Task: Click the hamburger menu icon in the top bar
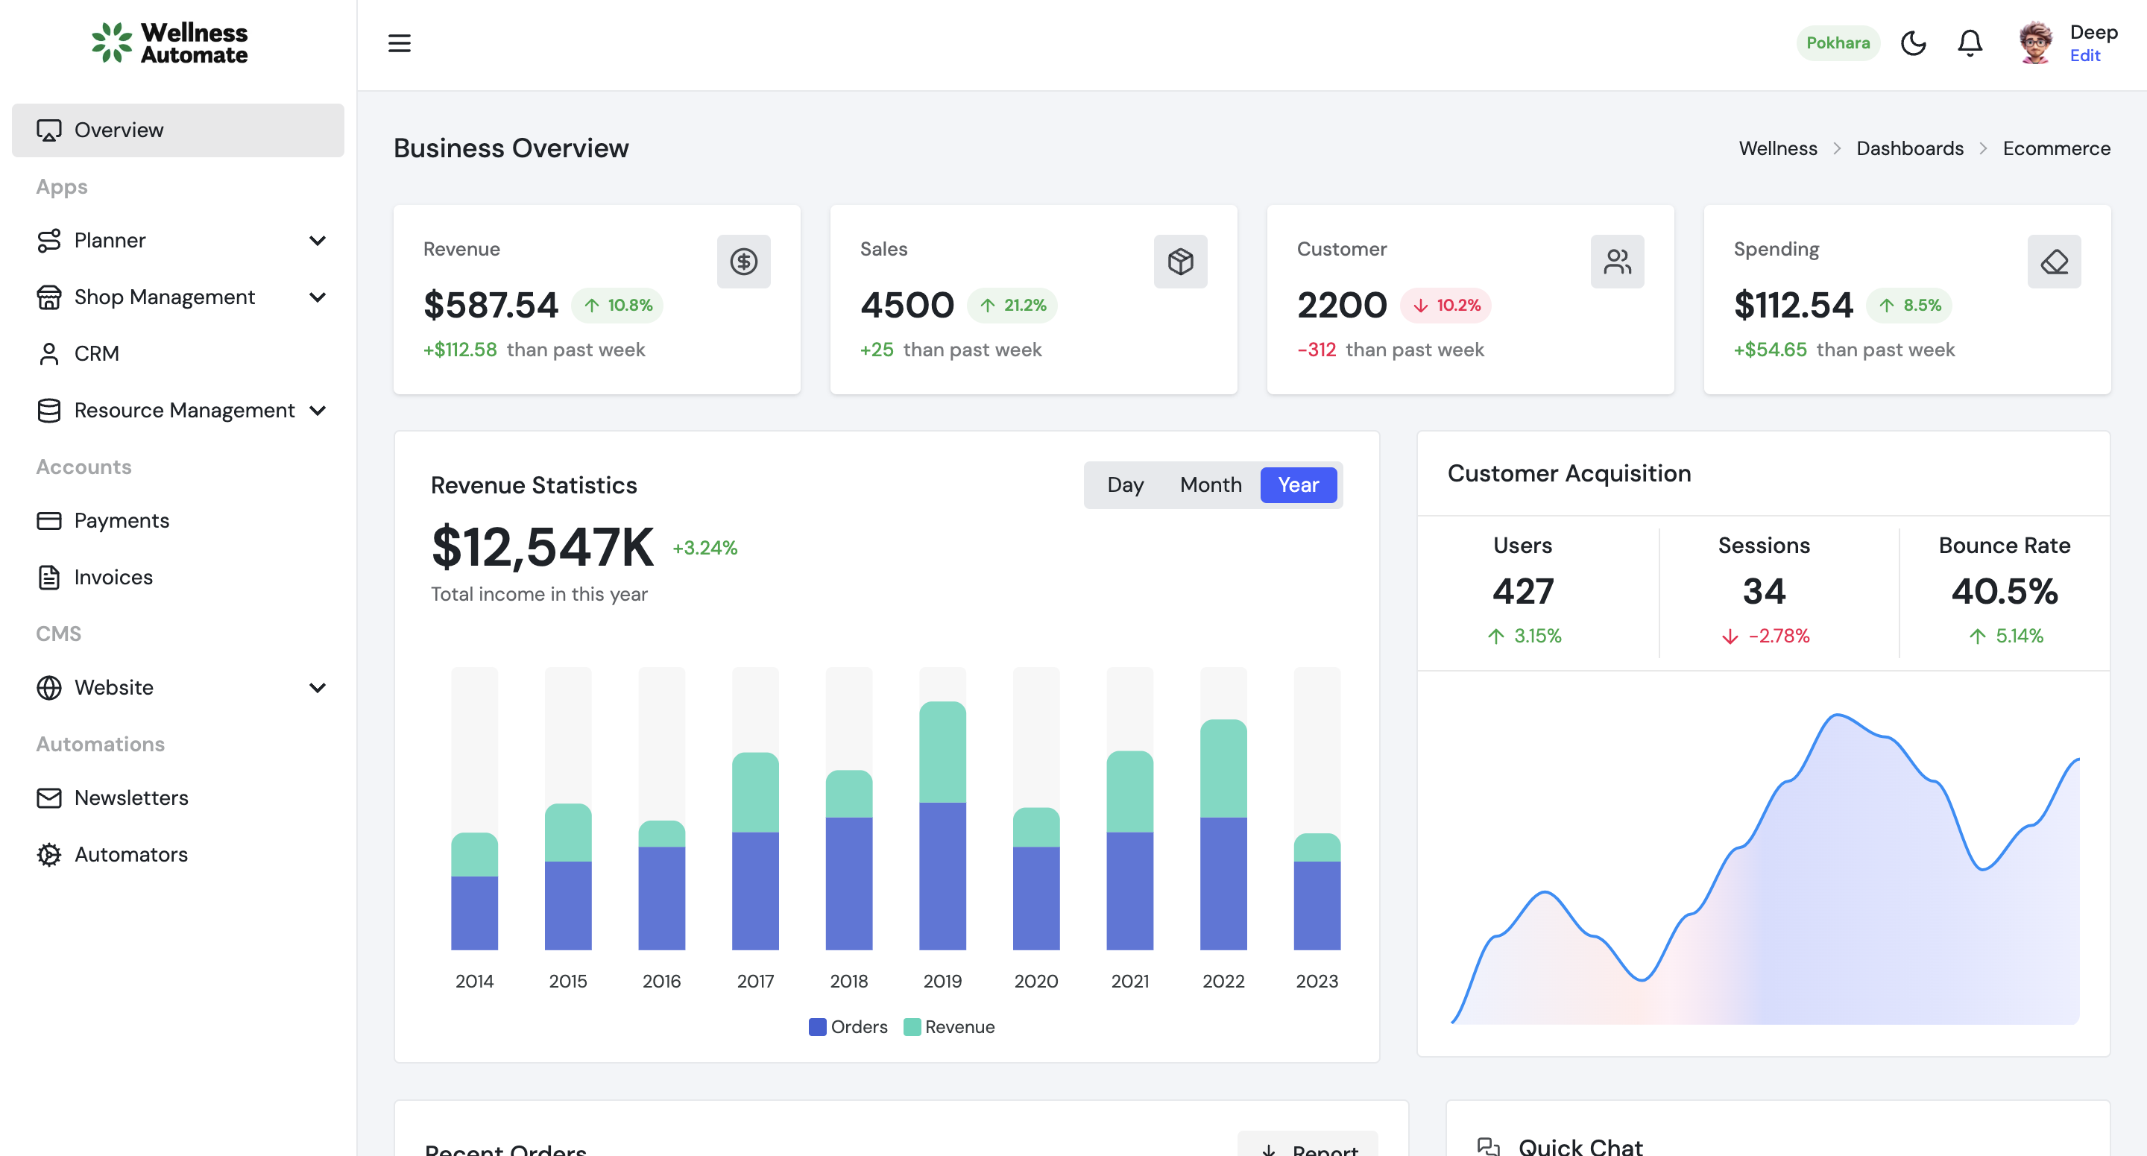pos(400,43)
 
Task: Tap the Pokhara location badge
pos(1837,43)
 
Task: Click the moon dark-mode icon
pos(1913,43)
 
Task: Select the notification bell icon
pos(1970,43)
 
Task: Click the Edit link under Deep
pos(2084,56)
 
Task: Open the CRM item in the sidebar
pos(97,353)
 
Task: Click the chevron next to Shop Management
pos(318,297)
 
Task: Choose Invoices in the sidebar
pos(113,577)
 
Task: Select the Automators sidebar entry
pos(131,854)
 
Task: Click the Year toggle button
pos(1298,485)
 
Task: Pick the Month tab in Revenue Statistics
pos(1210,485)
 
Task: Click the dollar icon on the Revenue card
pos(743,262)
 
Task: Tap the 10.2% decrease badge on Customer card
pos(1446,305)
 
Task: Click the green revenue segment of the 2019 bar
pos(942,752)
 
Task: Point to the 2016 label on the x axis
pos(661,981)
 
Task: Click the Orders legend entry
pos(848,1027)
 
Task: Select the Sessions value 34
pos(1764,592)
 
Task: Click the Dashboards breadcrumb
pos(1909,148)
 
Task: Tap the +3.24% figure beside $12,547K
pos(704,549)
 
